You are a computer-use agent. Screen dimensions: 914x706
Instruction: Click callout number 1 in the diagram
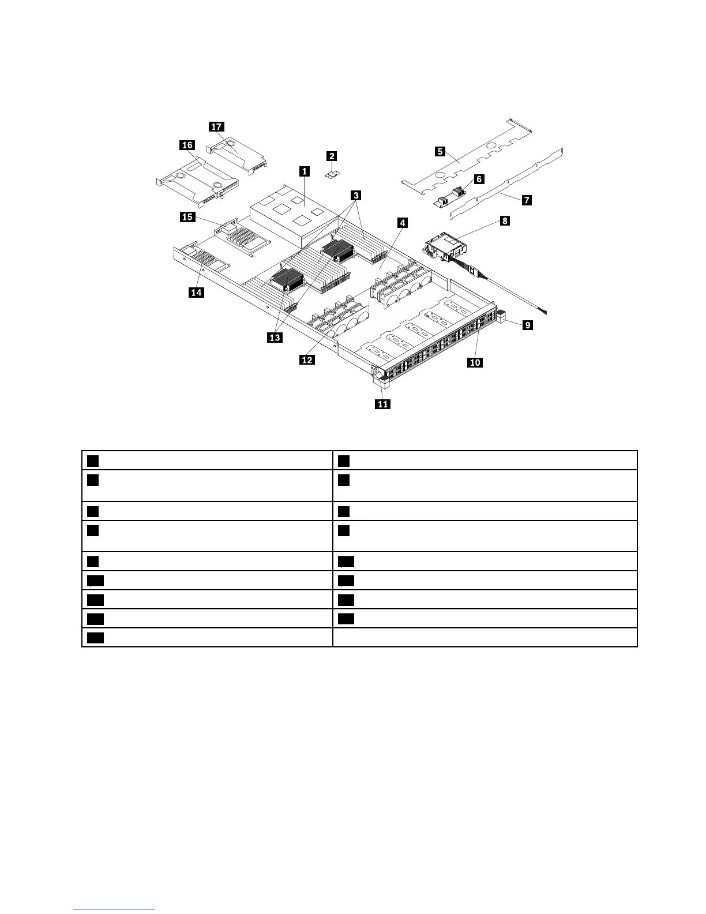point(304,171)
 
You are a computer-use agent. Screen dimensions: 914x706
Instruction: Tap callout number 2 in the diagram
point(332,156)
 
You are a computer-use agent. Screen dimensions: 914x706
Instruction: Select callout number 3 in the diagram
point(356,196)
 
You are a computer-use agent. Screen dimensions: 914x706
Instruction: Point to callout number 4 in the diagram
point(402,223)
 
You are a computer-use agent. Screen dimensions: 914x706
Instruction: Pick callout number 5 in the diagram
point(440,151)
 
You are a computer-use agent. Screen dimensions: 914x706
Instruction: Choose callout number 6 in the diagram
point(479,179)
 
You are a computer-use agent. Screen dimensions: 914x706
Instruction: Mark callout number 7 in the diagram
point(526,200)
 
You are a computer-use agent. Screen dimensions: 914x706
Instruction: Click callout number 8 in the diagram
point(505,220)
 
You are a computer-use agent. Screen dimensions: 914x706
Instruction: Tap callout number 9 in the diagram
point(528,325)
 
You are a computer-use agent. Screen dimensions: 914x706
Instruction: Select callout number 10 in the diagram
point(475,362)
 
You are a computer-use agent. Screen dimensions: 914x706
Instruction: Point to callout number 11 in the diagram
point(383,404)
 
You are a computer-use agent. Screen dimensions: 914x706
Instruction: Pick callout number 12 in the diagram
point(307,359)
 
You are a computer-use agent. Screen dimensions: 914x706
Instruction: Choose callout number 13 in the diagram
point(275,338)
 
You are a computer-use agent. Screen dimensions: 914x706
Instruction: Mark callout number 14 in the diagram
point(196,293)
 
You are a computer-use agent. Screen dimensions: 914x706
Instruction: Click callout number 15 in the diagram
point(187,217)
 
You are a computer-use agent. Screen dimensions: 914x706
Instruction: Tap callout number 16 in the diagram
point(187,145)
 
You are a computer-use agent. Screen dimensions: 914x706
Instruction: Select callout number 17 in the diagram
point(216,127)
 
